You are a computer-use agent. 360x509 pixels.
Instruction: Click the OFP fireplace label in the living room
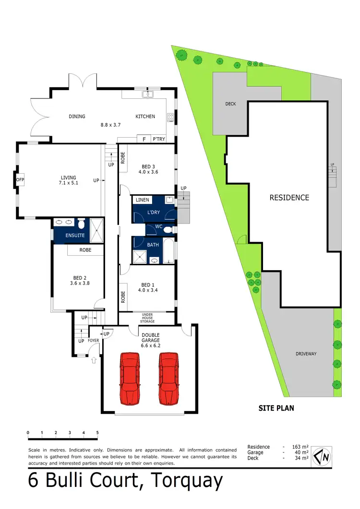pyautogui.click(x=20, y=180)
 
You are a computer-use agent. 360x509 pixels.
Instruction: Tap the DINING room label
pyautogui.click(x=77, y=117)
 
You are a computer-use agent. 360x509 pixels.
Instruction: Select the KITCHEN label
pyautogui.click(x=145, y=117)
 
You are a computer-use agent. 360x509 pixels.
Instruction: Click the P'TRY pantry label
pyautogui.click(x=158, y=139)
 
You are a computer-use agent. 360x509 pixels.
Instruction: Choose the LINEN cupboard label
pyautogui.click(x=143, y=200)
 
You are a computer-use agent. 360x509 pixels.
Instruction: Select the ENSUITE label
pyautogui.click(x=75, y=236)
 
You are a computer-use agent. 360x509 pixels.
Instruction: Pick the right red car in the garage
pyautogui.click(x=168, y=372)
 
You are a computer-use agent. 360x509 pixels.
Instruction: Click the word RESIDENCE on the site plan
pyautogui.click(x=289, y=197)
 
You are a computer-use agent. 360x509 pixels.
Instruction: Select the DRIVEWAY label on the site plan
pyautogui.click(x=306, y=354)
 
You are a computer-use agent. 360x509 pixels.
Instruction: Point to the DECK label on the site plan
pyautogui.click(x=230, y=104)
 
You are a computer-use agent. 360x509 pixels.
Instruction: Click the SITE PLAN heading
pyautogui.click(x=276, y=408)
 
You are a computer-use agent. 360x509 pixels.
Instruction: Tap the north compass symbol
pyautogui.click(x=321, y=456)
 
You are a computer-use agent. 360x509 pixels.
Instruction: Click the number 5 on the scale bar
pyautogui.click(x=97, y=433)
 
